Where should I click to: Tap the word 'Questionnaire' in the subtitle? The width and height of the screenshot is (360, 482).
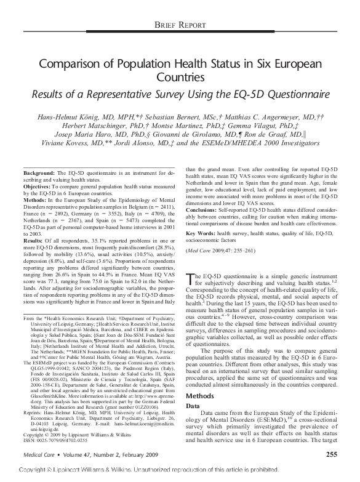272,94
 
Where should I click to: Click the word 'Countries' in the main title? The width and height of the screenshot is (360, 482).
179,79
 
